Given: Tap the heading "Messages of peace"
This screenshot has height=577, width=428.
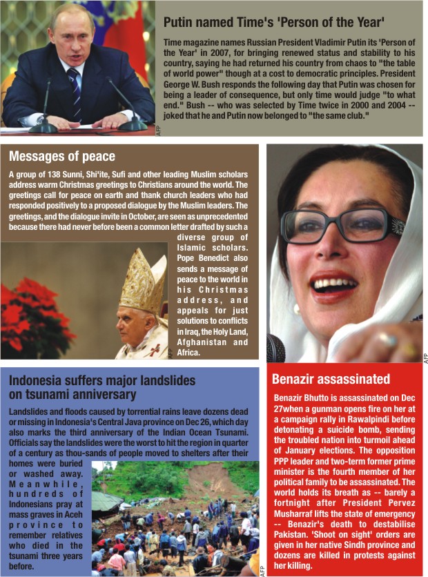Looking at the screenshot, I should point(62,157).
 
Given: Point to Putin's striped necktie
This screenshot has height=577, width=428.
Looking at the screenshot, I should point(74,90).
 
